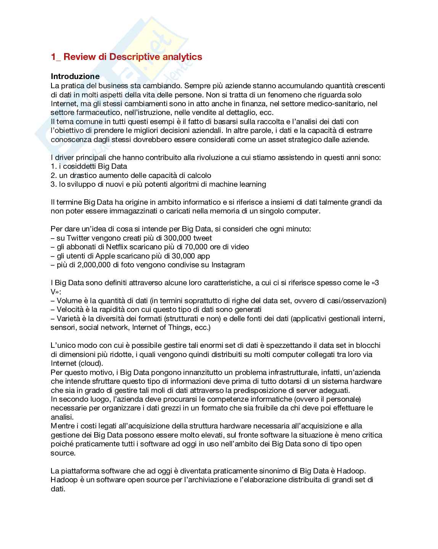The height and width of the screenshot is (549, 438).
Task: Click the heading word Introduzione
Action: [x=75, y=76]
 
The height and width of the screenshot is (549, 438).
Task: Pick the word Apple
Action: [x=105, y=256]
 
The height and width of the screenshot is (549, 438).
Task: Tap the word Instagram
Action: [x=228, y=265]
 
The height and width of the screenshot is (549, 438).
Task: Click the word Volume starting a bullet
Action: [x=69, y=301]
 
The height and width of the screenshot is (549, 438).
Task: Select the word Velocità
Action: [x=71, y=310]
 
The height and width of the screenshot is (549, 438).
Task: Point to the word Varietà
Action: [x=69, y=319]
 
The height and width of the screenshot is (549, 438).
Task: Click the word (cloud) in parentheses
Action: [x=91, y=363]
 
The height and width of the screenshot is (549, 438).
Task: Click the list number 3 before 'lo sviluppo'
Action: [x=53, y=184]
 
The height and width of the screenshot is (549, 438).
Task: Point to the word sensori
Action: [x=63, y=328]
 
